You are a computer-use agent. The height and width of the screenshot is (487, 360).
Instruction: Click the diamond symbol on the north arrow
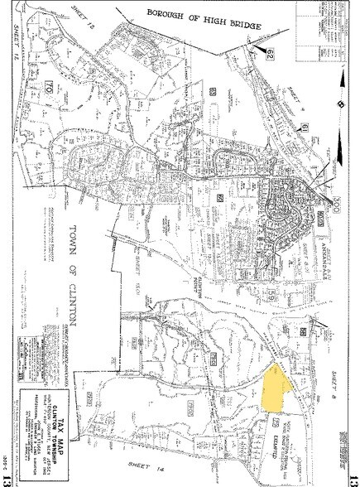tap(340, 105)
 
